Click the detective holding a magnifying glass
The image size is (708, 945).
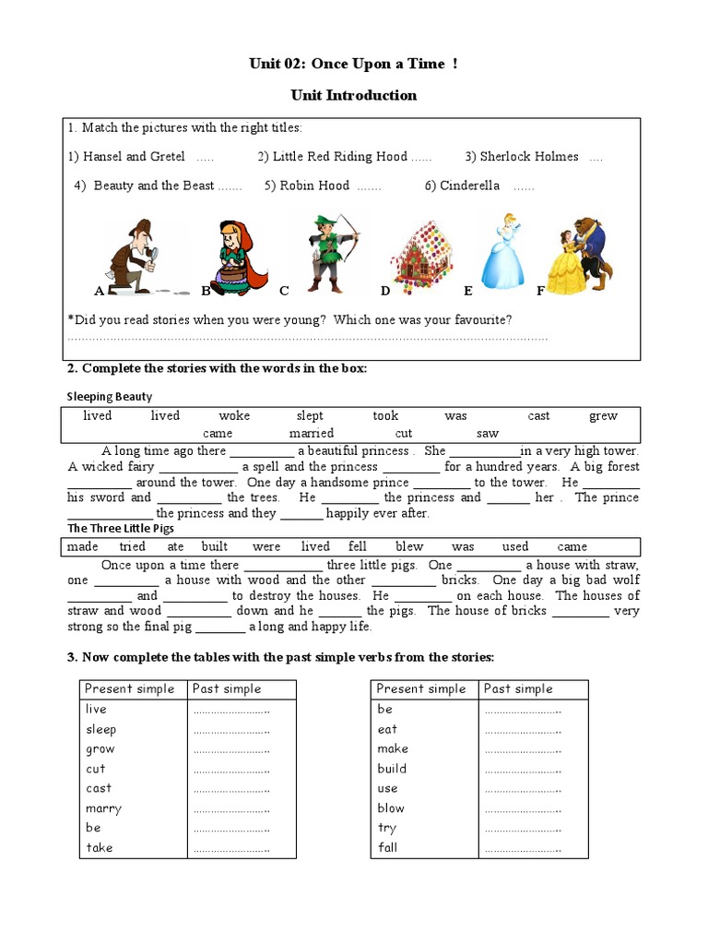(x=135, y=254)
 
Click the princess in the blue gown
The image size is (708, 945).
(x=503, y=251)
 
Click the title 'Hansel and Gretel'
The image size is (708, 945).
(x=134, y=157)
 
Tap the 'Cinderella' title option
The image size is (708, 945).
(x=469, y=185)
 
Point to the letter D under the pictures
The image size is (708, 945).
(x=385, y=291)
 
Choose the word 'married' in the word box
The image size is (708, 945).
(x=311, y=433)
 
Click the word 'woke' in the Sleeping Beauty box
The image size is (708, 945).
(x=234, y=416)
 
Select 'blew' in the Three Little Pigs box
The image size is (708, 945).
(x=409, y=546)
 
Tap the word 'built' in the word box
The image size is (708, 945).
(x=214, y=546)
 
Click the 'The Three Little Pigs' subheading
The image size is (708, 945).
(x=121, y=529)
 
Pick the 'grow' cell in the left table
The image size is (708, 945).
(x=100, y=748)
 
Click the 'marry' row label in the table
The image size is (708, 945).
(x=103, y=808)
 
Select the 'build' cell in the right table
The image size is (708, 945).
(x=392, y=768)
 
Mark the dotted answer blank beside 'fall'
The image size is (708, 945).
(x=522, y=848)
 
